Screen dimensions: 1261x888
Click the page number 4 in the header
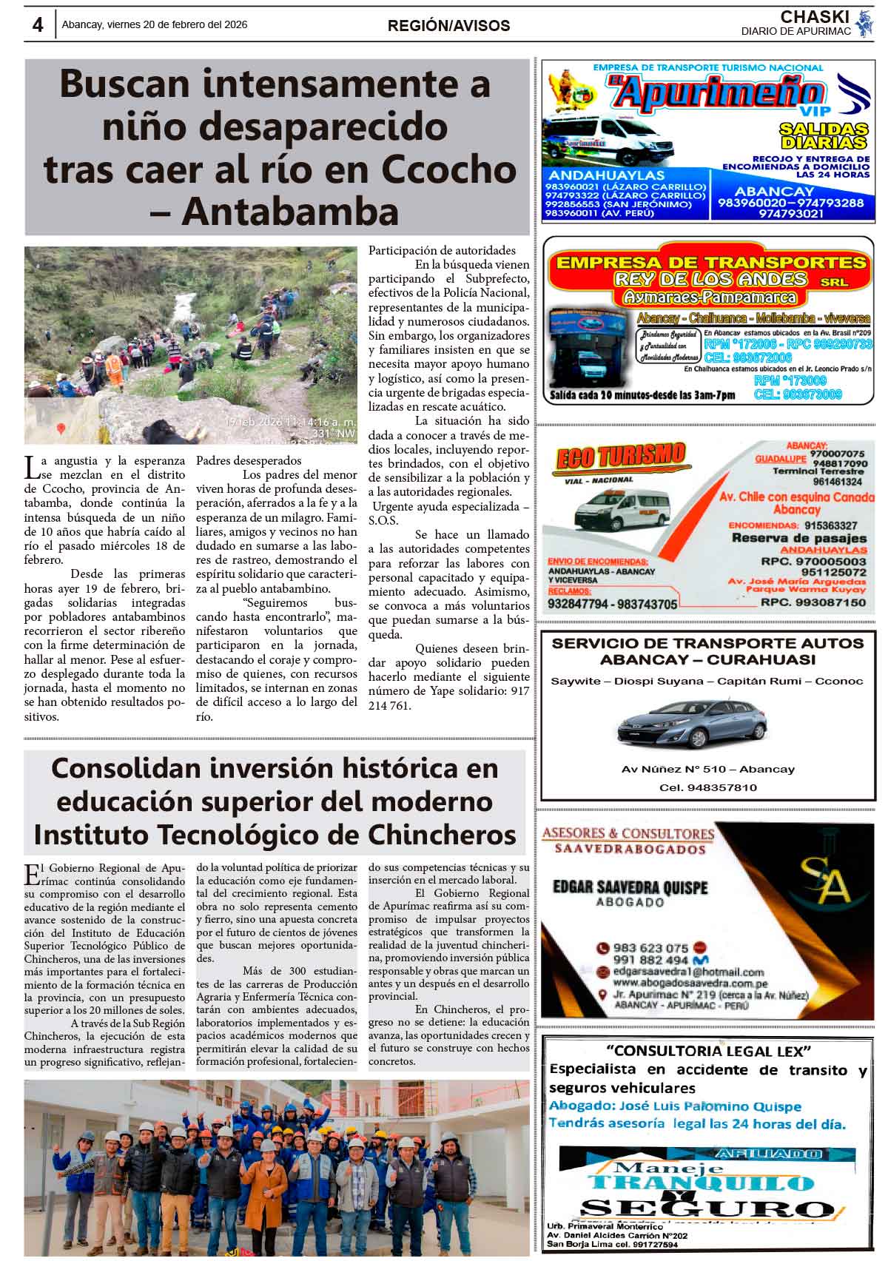click(x=37, y=24)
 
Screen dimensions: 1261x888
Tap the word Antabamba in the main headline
click(x=290, y=212)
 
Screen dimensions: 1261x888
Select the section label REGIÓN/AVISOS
click(x=448, y=26)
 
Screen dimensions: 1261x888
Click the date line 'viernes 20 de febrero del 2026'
click(x=178, y=24)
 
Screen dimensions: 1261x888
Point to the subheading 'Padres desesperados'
click(x=249, y=460)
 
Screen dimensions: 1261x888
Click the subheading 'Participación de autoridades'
click(x=442, y=250)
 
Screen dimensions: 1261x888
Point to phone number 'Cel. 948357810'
click(x=707, y=787)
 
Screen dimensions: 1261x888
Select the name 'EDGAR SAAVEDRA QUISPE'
click(x=630, y=887)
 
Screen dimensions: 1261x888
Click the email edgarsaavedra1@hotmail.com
click(x=688, y=972)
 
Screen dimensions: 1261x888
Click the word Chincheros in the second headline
click(x=441, y=834)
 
